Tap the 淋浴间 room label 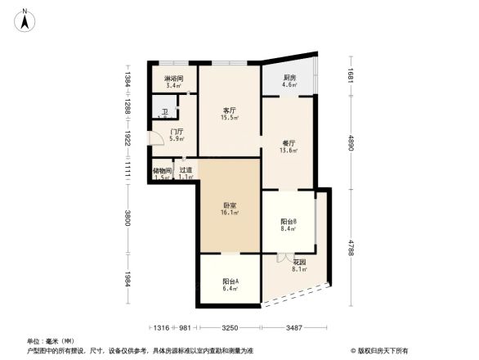[x=174, y=79]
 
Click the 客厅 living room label [x=230, y=112]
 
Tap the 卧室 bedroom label [x=230, y=208]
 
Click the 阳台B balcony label [x=289, y=224]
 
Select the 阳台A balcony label [x=230, y=284]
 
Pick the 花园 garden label [x=299, y=263]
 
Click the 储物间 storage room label [x=162, y=173]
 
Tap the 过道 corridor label [x=186, y=173]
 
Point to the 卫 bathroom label [x=163, y=114]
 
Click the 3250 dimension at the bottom [x=230, y=328]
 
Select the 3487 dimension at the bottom [x=294, y=328]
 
